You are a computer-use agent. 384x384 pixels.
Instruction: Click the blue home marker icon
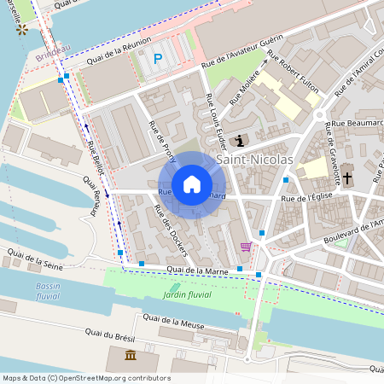[192, 184]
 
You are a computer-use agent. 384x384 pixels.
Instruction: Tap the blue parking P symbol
[157, 58]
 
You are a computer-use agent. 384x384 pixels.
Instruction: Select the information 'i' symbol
[240, 141]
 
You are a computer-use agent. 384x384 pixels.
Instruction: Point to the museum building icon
[130, 355]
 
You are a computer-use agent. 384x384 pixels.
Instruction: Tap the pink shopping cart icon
[246, 247]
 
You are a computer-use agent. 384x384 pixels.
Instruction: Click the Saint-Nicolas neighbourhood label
[254, 160]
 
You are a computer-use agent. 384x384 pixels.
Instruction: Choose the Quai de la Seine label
[35, 256]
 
